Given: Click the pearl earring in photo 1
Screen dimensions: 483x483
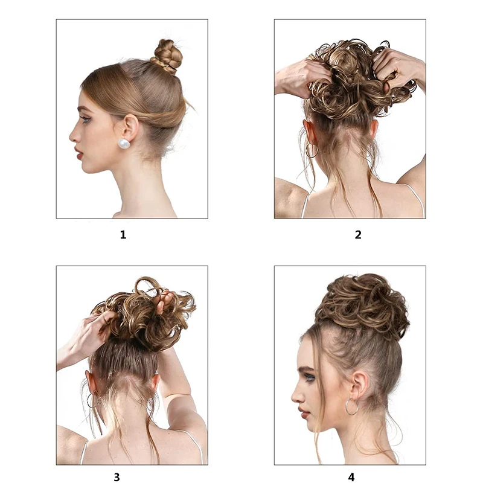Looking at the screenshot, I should pyautogui.click(x=124, y=144).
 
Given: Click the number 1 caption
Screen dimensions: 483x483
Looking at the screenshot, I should pyautogui.click(x=123, y=235).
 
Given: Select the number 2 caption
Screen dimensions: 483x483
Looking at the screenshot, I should pyautogui.click(x=358, y=235).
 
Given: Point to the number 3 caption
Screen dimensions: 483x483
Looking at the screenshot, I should pyautogui.click(x=117, y=477).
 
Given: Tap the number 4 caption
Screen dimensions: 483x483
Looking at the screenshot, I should pyautogui.click(x=351, y=477).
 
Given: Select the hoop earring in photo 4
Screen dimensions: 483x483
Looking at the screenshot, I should pyautogui.click(x=351, y=406).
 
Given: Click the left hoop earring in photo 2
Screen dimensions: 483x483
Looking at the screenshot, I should pyautogui.click(x=311, y=150).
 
